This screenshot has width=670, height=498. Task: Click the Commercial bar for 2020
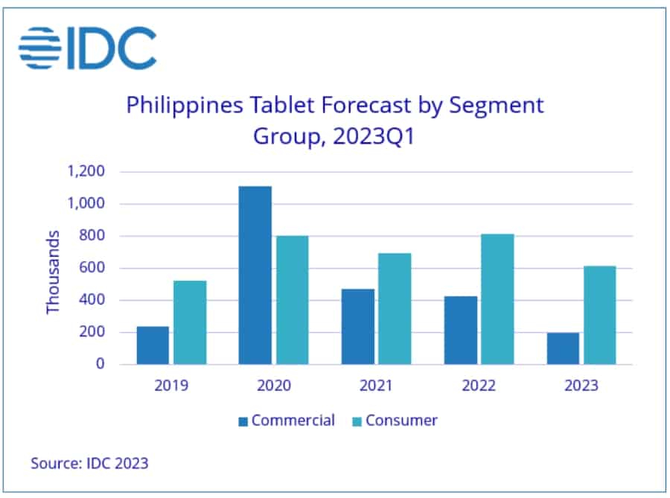(255, 275)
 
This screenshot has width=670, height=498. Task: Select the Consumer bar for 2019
(190, 322)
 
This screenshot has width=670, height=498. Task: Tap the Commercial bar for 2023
(563, 348)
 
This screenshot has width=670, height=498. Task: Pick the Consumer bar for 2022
(497, 299)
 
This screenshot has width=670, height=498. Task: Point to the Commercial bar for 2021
(358, 327)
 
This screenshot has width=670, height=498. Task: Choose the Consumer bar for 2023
(599, 316)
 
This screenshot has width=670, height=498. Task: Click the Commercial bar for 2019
(153, 345)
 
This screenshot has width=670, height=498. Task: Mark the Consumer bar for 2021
(395, 309)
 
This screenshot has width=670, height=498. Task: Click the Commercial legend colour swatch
(243, 421)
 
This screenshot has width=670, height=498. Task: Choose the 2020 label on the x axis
(274, 386)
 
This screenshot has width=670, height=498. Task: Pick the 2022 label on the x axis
(479, 386)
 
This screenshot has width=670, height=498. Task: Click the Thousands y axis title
(53, 272)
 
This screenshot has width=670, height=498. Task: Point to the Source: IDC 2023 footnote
(89, 463)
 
